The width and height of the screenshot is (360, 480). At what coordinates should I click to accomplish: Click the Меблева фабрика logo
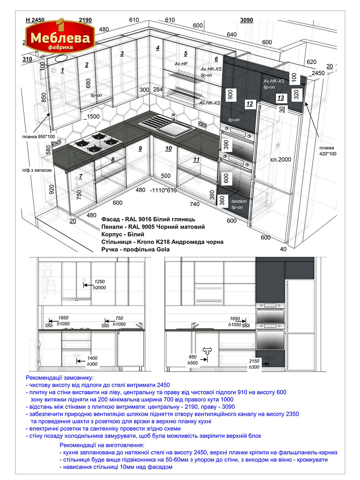(x=60, y=36)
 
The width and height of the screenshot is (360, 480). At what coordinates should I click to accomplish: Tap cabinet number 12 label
(x=249, y=104)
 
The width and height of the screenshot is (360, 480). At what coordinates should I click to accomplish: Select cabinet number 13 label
(x=281, y=98)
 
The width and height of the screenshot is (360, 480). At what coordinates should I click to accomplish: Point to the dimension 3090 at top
(x=247, y=20)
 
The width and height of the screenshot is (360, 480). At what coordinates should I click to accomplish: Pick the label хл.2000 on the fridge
(x=280, y=160)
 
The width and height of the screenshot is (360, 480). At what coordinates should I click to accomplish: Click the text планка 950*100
(x=39, y=137)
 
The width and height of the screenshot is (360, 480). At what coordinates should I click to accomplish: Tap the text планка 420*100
(x=328, y=151)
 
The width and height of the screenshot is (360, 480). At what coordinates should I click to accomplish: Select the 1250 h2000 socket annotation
(x=100, y=284)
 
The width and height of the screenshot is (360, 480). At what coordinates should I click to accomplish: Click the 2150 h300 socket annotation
(x=254, y=364)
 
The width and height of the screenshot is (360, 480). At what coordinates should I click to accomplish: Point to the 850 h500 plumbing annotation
(x=192, y=360)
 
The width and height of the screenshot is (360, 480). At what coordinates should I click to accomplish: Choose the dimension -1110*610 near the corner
(x=163, y=190)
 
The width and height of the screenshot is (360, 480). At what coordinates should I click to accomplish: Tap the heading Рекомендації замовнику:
(x=59, y=378)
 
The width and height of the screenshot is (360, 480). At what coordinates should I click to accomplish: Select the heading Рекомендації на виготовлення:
(x=102, y=439)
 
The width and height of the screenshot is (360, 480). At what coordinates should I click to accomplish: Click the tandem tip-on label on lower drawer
(x=239, y=204)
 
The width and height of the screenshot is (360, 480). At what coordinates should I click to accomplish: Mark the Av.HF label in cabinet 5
(x=181, y=64)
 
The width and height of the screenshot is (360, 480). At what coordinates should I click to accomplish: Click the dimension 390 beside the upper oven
(x=226, y=145)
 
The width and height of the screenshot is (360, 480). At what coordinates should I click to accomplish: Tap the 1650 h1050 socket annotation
(x=234, y=322)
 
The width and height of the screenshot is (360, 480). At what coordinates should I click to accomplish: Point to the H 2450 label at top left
(x=35, y=20)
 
